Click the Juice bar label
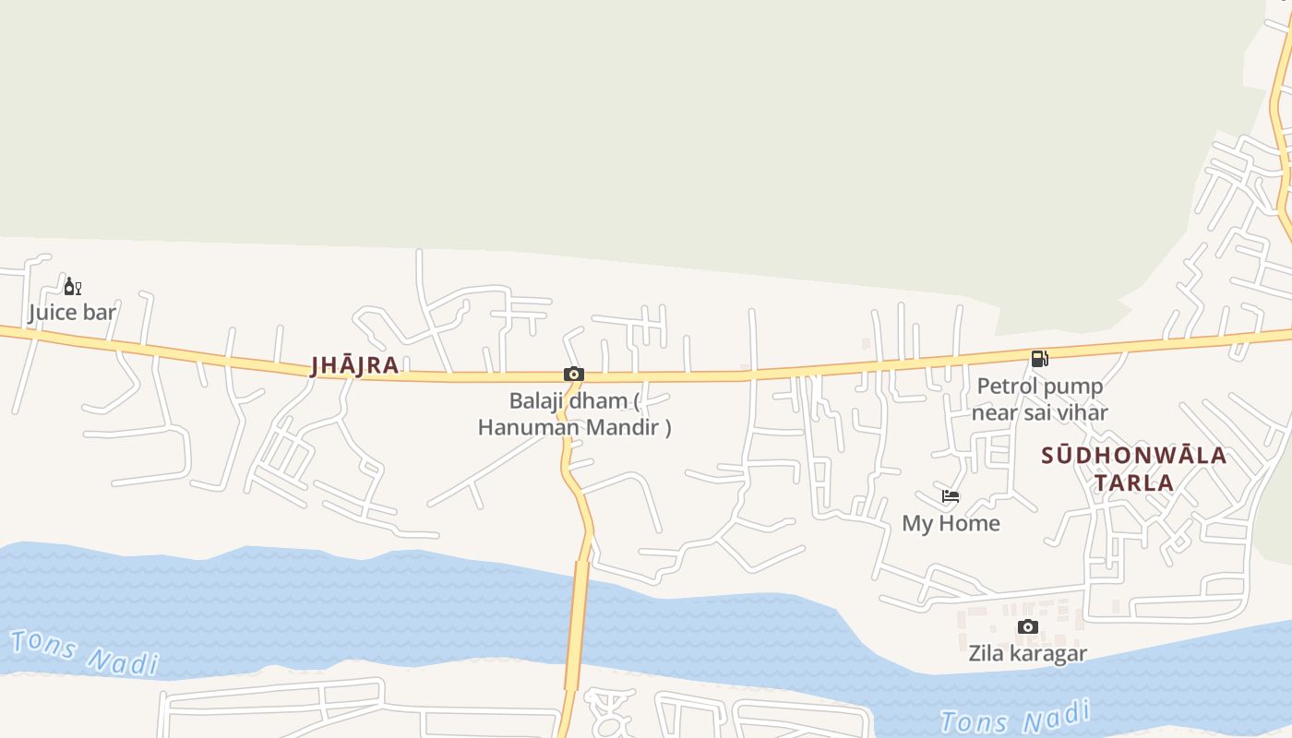point(72,313)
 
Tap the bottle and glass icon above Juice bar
point(72,286)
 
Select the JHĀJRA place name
point(355,365)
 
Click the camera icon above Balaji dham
point(574,374)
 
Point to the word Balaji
point(535,401)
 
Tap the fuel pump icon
point(1039,359)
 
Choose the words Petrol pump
point(1039,387)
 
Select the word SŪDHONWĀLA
point(1134,456)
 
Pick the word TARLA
point(1134,482)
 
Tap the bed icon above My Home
point(951,496)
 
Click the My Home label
point(951,524)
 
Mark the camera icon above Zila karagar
point(1027,627)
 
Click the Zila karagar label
point(1027,654)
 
